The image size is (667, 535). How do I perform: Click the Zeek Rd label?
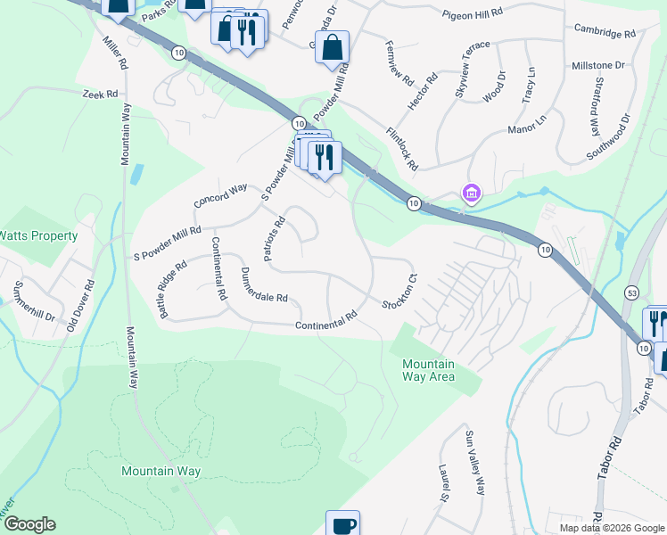(100, 94)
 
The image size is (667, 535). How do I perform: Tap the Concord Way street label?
(220, 194)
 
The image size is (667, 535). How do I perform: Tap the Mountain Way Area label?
(428, 370)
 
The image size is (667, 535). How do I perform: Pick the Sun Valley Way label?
(474, 462)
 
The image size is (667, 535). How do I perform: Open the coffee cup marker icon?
(342, 524)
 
